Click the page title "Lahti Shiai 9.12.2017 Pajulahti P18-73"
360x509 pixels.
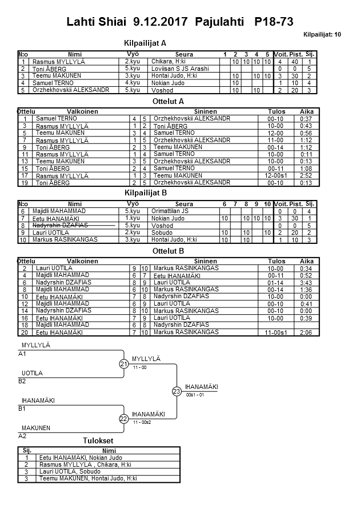180,22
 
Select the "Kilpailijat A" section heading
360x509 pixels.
145,43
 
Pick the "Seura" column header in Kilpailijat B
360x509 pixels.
184,204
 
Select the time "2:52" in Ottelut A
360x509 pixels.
306,175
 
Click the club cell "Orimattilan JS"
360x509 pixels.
170,211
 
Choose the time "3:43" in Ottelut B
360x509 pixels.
306,282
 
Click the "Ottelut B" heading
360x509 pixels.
169,251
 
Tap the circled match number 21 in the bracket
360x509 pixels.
123,364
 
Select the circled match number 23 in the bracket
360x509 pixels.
177,391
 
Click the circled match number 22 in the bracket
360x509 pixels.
123,419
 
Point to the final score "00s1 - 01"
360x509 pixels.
195,395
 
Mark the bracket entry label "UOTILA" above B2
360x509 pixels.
32,373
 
